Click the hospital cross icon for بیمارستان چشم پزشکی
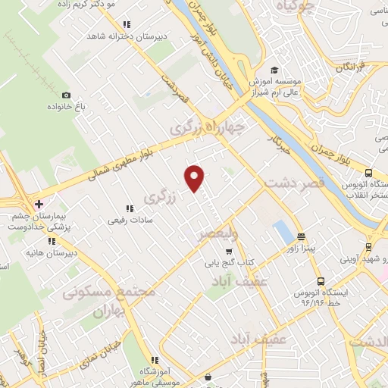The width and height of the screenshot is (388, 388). (x=39, y=204)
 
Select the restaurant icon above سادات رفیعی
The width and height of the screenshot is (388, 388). (x=128, y=207)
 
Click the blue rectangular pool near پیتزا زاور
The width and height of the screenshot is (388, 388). (x=282, y=230)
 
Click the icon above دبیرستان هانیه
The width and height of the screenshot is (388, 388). (x=51, y=241)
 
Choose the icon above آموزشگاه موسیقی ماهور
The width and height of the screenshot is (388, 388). (x=155, y=360)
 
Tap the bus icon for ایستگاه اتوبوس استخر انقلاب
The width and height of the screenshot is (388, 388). (x=368, y=172)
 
